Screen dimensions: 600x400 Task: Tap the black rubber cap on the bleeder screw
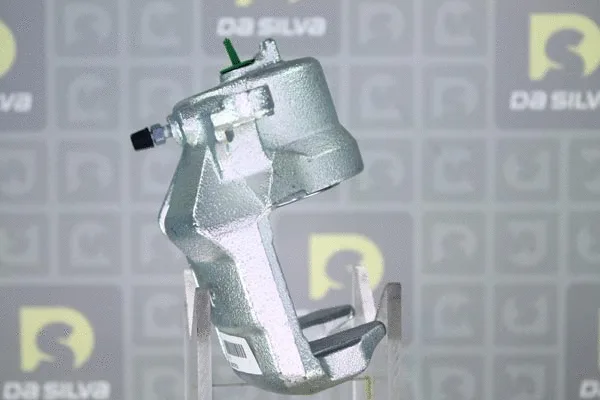coord(142,138)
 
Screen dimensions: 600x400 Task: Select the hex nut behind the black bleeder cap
coord(157,134)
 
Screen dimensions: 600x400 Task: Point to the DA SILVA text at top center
coord(271,27)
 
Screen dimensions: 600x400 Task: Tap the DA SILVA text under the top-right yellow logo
coord(555,101)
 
